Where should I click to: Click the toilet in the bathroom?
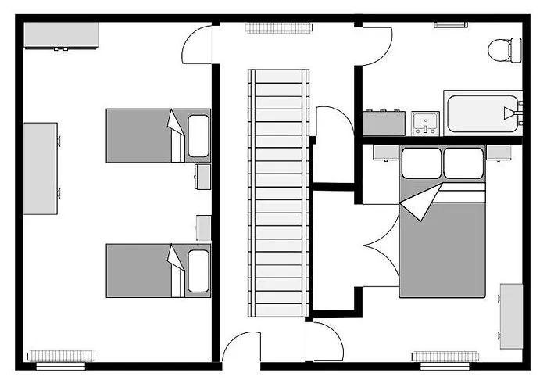click(x=503, y=49)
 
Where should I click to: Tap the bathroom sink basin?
click(x=424, y=123)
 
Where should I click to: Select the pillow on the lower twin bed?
click(x=199, y=270)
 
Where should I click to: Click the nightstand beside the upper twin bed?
click(x=203, y=176)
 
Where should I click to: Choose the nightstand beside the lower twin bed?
click(x=203, y=228)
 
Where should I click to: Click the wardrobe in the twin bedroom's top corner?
click(x=61, y=35)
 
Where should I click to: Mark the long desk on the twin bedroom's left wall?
click(x=41, y=167)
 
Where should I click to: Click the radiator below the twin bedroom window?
click(x=61, y=356)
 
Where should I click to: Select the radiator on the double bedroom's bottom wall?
click(x=444, y=357)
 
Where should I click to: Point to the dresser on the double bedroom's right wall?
click(x=512, y=317)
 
